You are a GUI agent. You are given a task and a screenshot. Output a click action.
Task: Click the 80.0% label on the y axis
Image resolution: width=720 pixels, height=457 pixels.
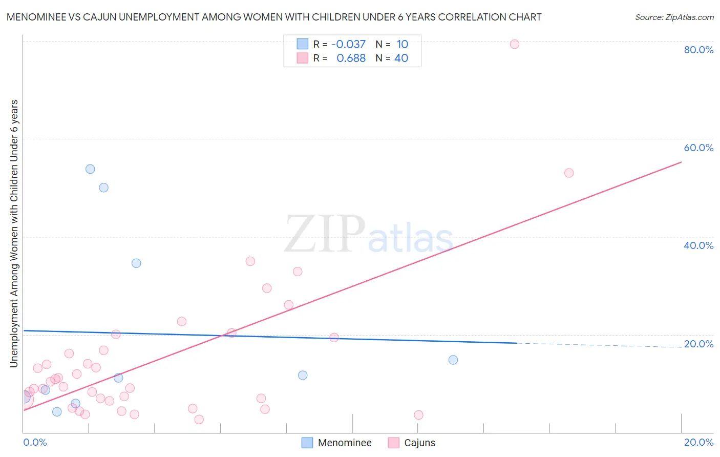point(698,50)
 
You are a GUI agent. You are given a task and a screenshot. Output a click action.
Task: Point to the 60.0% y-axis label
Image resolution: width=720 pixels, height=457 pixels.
point(698,148)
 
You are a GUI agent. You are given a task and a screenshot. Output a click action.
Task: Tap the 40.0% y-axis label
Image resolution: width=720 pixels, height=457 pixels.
point(698,245)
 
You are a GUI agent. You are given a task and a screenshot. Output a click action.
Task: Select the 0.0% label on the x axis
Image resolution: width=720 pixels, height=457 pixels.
point(35,442)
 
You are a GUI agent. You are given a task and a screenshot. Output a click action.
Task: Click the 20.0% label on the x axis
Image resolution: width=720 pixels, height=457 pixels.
point(698,442)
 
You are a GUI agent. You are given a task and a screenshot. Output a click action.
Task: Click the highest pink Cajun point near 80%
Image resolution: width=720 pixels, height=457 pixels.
point(515,44)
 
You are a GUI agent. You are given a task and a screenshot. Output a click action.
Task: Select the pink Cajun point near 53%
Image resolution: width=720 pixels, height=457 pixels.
point(569,173)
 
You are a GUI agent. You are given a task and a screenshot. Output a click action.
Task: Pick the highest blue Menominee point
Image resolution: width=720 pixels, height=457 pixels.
point(90,169)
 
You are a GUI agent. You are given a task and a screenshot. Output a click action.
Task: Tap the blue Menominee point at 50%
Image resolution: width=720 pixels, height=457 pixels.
point(103,188)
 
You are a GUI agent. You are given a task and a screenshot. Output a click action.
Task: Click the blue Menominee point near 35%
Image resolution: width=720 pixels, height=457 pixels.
point(136,263)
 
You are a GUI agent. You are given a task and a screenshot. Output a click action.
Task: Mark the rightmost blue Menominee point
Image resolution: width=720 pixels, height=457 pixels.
point(453,360)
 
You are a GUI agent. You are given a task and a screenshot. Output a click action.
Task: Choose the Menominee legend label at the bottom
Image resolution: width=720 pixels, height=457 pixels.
point(345,443)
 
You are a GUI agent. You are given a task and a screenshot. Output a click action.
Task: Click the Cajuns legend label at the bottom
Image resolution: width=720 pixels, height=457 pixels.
point(419,443)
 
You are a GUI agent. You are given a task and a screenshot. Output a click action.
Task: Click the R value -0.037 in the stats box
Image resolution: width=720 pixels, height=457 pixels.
point(348,45)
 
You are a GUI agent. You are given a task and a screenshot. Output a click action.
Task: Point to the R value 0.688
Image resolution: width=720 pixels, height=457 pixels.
point(351,58)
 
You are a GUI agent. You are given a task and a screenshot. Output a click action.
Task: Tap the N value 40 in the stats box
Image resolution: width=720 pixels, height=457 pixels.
point(401,58)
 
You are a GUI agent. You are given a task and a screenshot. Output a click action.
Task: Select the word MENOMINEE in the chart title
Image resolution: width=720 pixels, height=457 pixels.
point(40,17)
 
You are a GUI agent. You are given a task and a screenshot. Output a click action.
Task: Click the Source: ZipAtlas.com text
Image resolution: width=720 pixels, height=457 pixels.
point(674,17)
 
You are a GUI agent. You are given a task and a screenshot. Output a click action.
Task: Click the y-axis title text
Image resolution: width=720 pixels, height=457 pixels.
point(14,234)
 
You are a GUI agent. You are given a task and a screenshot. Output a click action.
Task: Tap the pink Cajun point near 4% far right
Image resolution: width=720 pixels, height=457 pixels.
point(418,415)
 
